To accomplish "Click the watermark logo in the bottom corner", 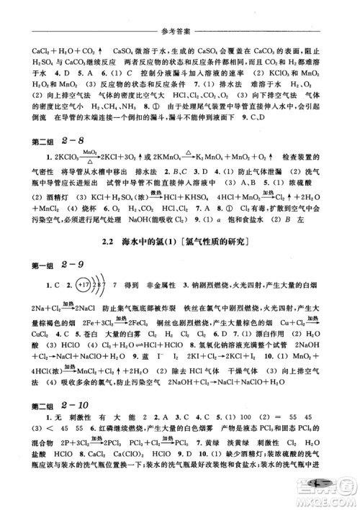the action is point(332,494).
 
